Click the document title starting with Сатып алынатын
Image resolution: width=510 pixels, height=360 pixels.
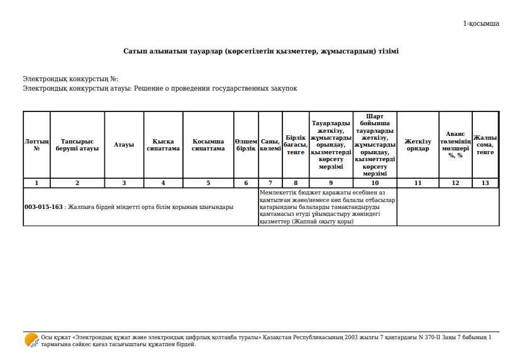coord(261,51)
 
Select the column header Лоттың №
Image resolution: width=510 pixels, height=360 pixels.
coord(36,145)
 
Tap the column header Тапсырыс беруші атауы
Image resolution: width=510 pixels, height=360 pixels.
coord(77,145)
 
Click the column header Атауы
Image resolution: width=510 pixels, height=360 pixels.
coord(124,145)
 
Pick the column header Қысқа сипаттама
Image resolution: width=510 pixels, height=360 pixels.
coord(163,145)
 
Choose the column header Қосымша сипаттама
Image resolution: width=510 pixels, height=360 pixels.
coord(208,145)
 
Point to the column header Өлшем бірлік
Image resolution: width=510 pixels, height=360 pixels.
coord(246,145)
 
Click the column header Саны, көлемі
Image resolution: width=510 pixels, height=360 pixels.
coord(270,145)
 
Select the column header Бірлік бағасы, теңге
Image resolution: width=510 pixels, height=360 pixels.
coord(296,145)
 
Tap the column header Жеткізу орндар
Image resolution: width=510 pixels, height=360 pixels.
coord(418,145)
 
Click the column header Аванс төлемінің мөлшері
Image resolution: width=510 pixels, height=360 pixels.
coord(455,145)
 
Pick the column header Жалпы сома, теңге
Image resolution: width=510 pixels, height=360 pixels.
coord(485,145)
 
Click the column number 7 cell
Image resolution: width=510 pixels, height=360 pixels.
coord(270,183)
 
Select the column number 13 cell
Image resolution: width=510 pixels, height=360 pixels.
coord(485,183)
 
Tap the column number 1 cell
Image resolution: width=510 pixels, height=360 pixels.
coord(36,183)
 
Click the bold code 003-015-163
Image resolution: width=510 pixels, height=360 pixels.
coord(43,206)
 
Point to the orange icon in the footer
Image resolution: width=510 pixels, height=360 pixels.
coord(31,340)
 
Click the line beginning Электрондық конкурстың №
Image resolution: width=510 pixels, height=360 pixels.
coord(70,79)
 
